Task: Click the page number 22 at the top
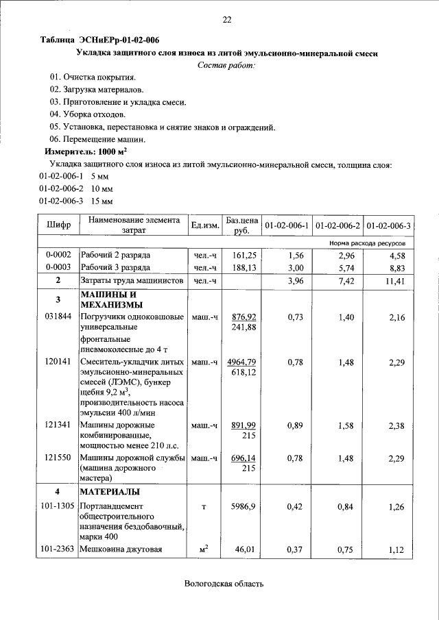pos(226,20)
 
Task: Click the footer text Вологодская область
pos(224,584)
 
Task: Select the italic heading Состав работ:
pos(226,65)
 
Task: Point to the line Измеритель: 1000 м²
pos(86,151)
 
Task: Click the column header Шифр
pos(58,225)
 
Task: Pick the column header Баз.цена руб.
pos(241,225)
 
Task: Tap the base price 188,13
pos(244,267)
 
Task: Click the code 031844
pos(58,317)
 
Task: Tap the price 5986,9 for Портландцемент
pos(244,506)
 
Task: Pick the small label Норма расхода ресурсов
pos(367,243)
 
